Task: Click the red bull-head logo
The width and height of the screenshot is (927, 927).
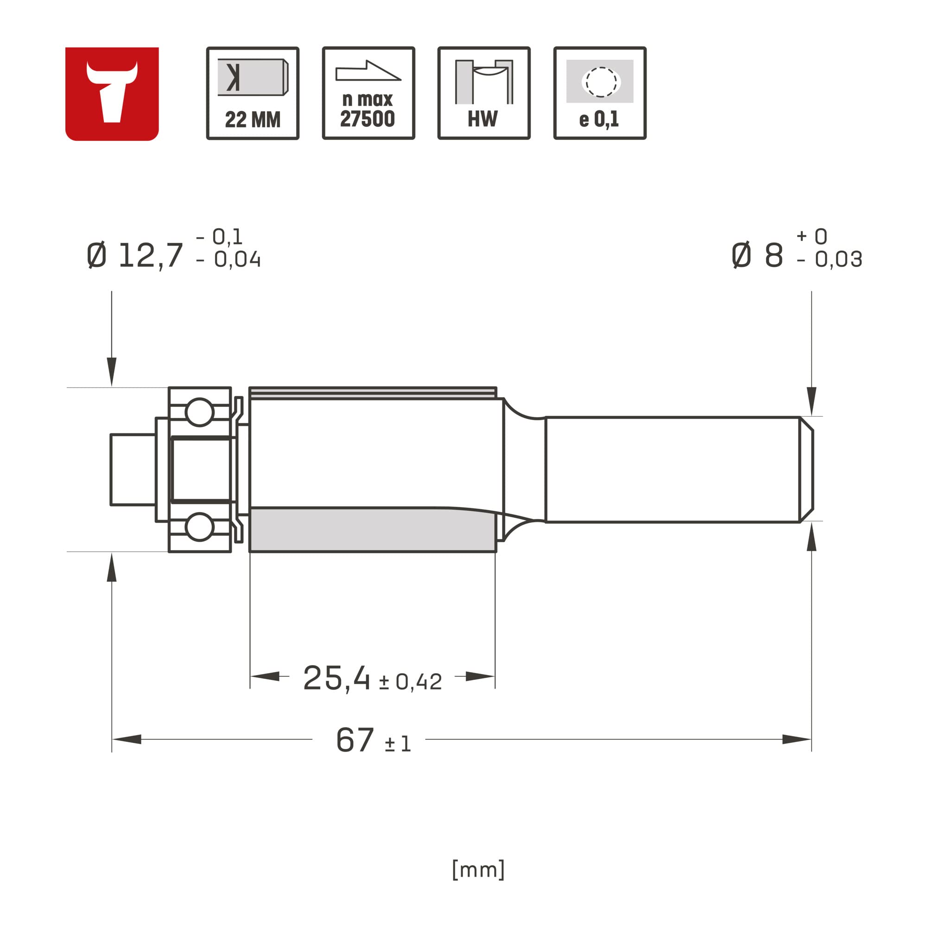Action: pyautogui.click(x=112, y=94)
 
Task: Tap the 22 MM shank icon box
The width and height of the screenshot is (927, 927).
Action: pyautogui.click(x=253, y=93)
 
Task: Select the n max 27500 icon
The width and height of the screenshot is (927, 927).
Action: pyautogui.click(x=368, y=93)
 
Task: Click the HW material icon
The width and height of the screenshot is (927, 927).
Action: pyautogui.click(x=483, y=93)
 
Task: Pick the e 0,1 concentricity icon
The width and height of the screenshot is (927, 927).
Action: pyautogui.click(x=600, y=93)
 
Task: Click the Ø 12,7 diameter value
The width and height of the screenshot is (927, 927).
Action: pyautogui.click(x=136, y=255)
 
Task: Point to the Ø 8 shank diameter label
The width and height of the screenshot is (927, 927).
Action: pyautogui.click(x=758, y=255)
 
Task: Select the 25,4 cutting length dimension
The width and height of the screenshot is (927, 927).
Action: pyautogui.click(x=337, y=678)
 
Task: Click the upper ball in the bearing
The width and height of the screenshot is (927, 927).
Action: pyautogui.click(x=199, y=412)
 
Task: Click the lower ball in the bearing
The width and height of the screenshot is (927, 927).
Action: pyautogui.click(x=199, y=527)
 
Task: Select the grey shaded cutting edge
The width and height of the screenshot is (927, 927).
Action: pyautogui.click(x=372, y=530)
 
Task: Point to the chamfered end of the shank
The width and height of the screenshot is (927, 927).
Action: pyautogui.click(x=806, y=469)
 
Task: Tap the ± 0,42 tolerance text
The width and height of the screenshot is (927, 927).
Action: pyautogui.click(x=411, y=682)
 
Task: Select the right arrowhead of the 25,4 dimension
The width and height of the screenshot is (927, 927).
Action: pyautogui.click(x=480, y=676)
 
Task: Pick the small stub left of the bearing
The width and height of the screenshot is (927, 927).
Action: pyautogui.click(x=133, y=469)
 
